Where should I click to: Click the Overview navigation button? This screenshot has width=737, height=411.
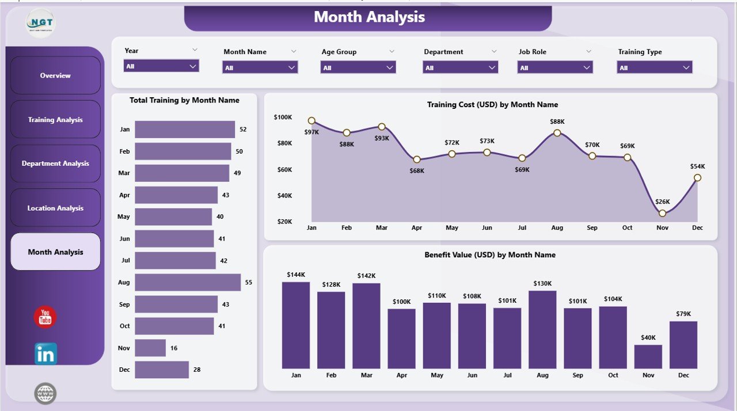click(55, 75)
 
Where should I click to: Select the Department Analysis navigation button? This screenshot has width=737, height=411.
click(55, 163)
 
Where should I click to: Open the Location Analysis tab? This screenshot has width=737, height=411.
click(55, 208)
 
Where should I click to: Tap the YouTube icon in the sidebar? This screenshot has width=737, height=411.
click(45, 318)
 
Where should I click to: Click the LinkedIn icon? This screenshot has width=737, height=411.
click(45, 354)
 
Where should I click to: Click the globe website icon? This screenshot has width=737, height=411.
click(45, 394)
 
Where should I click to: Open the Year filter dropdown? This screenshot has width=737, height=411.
click(161, 66)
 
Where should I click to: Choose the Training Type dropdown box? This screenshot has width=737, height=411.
click(654, 68)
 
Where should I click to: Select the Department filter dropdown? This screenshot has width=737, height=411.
click(460, 68)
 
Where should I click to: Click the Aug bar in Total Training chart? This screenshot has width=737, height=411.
click(188, 282)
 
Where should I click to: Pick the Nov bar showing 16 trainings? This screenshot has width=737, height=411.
click(150, 348)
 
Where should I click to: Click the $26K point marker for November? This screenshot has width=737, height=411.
click(662, 213)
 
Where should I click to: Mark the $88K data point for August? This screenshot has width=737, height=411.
click(557, 133)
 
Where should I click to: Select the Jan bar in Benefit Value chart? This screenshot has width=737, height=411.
click(296, 325)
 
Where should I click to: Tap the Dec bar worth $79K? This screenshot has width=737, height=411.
click(683, 345)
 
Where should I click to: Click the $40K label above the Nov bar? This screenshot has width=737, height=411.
click(648, 337)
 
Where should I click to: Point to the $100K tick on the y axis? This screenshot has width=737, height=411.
click(283, 117)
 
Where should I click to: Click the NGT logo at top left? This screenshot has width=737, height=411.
click(40, 24)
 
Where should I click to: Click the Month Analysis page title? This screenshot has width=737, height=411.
click(369, 17)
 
